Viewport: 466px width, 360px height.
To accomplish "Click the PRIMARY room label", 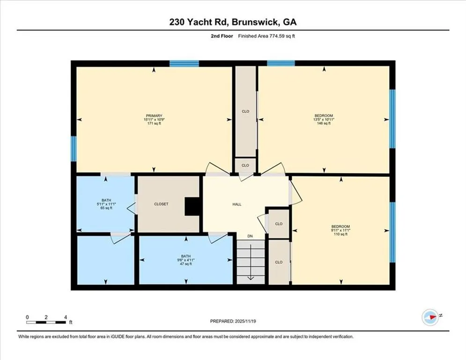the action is tap(154, 116).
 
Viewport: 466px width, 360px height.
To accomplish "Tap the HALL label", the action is tap(237, 204).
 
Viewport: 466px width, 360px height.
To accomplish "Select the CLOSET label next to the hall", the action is tap(161, 204).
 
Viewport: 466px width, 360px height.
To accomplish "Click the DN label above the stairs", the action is tap(250, 236).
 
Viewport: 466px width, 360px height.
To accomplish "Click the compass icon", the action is tap(430, 317).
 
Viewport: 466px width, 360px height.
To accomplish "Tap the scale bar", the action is tap(46, 322).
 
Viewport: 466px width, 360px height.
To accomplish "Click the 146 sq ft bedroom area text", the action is tap(324, 123).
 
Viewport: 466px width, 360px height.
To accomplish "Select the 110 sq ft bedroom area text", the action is tap(340, 234).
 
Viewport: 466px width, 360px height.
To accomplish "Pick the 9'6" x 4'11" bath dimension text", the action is tap(186, 260).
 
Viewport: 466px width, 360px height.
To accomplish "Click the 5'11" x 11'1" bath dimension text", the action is tap(106, 204).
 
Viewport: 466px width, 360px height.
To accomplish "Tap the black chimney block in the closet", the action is tap(192, 206).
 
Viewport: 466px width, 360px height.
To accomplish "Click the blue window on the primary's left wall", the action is tap(74, 149).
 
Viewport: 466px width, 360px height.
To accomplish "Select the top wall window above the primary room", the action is tap(184, 63).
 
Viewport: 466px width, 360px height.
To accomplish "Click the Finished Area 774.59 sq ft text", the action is tap(266, 36).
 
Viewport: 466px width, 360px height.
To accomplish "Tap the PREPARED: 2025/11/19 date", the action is tap(233, 321).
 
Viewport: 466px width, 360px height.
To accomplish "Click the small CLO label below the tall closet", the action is tap(245, 165).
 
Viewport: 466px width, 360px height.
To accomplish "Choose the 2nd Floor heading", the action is tap(222, 36).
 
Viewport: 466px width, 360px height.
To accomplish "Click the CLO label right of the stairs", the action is tap(279, 262).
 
